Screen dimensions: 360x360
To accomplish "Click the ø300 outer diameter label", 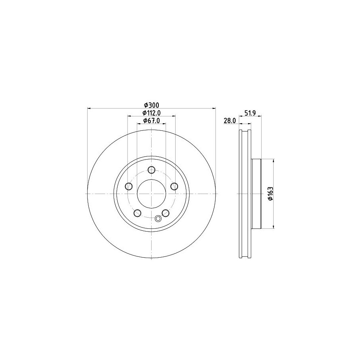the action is click(152, 105).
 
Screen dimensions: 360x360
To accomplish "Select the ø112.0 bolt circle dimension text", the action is click(151, 113).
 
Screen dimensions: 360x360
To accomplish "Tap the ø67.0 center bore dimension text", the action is click(151, 120).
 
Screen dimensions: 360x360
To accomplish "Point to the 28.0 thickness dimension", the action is click(230, 121).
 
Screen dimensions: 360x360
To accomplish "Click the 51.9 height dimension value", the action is click(250, 113).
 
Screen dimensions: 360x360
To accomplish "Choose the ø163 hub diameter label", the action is click(270, 194).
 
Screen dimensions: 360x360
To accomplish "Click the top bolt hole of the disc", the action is click(151, 170).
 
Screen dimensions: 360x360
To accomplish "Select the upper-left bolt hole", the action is click(129, 186).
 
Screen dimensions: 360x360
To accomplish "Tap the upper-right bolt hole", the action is click(174, 186).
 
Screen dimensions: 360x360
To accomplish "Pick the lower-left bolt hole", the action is click(137, 213).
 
